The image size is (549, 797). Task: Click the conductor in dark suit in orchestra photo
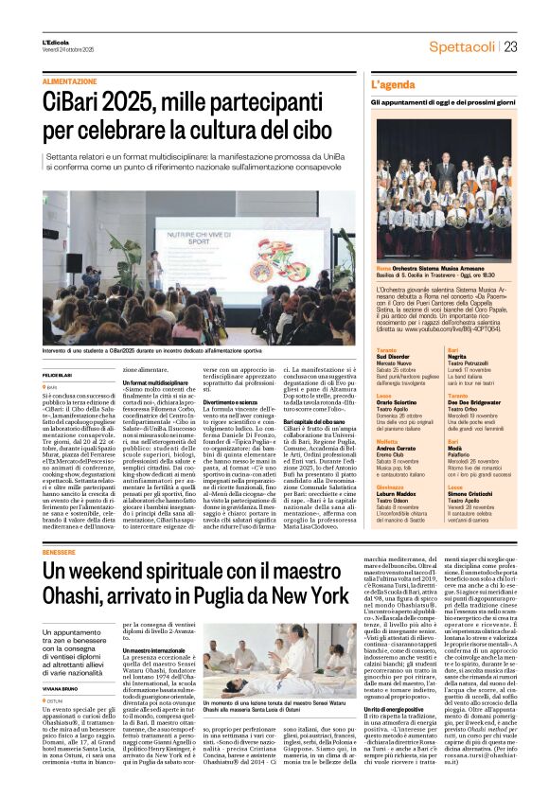click(449, 175)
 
